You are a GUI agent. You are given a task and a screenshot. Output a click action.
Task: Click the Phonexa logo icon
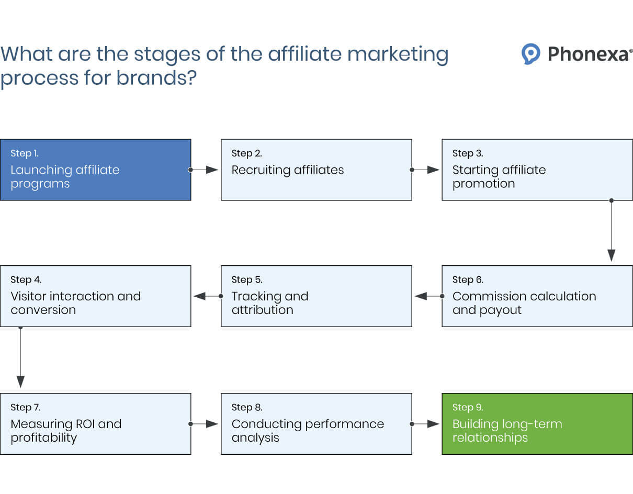[530, 54]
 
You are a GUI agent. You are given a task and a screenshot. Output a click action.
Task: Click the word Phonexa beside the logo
[589, 54]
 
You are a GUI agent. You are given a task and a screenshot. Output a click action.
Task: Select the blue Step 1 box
[95, 170]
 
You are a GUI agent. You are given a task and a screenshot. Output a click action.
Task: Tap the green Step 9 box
[537, 424]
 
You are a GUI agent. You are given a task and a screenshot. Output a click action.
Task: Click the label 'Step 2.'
[246, 153]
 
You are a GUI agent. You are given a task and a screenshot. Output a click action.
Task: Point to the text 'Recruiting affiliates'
[288, 170]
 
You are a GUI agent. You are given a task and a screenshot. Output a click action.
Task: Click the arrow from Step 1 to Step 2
[205, 170]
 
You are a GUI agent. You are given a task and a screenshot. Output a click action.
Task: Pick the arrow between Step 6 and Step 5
[426, 296]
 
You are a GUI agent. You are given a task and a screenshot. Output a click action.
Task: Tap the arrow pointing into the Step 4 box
[205, 296]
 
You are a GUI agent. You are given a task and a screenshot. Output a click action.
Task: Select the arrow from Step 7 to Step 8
[205, 424]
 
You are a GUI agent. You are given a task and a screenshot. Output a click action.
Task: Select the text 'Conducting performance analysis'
[308, 431]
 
